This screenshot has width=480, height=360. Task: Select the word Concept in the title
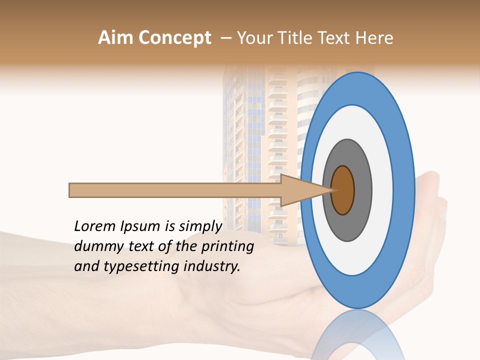click(x=174, y=38)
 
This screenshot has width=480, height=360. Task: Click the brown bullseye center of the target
click(x=343, y=190)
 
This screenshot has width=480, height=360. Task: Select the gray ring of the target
click(x=362, y=190)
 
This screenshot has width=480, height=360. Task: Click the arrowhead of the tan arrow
click(x=300, y=190)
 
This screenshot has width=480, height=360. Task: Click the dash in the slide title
click(x=225, y=38)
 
